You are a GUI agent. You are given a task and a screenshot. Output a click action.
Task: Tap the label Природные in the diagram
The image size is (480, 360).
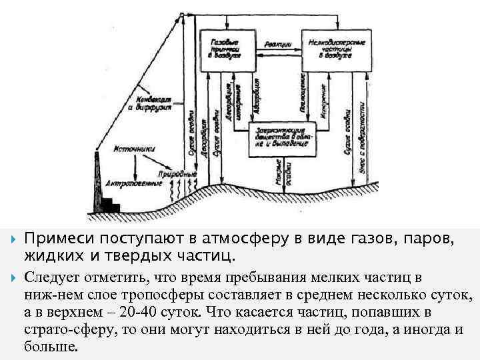(181, 173)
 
